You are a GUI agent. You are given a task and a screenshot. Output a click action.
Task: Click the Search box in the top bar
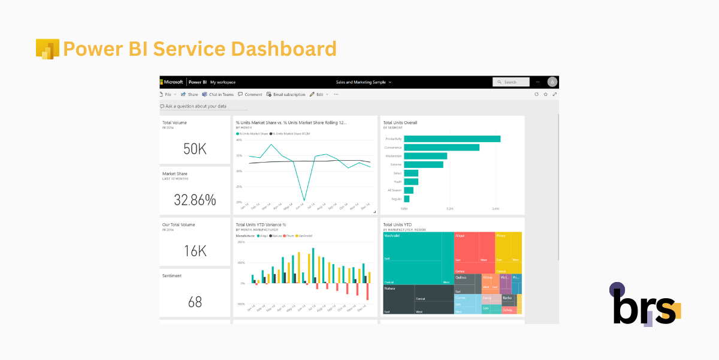[x=511, y=82]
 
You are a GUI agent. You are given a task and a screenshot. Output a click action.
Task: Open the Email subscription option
[x=286, y=94]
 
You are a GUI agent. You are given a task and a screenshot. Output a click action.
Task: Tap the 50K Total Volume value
[x=195, y=149]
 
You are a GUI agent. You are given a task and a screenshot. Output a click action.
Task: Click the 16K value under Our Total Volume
[x=195, y=251]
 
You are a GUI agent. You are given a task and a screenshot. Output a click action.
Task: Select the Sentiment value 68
[x=195, y=302]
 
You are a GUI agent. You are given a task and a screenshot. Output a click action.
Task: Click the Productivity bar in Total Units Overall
[x=452, y=139]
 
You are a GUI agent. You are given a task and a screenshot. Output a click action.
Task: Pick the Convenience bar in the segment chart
[x=441, y=147]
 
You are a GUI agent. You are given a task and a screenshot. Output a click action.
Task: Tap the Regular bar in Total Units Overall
[x=407, y=199]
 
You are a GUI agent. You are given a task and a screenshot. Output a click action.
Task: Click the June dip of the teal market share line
[x=304, y=200]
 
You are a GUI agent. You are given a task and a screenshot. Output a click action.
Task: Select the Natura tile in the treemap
[x=418, y=299]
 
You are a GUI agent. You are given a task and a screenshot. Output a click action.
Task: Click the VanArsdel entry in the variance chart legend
[x=304, y=236]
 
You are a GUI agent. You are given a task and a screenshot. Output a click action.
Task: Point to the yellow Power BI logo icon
[x=47, y=49]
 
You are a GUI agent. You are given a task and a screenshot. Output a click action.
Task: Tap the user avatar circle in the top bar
[x=552, y=82]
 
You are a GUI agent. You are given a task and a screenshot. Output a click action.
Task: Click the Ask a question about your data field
[x=204, y=106]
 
